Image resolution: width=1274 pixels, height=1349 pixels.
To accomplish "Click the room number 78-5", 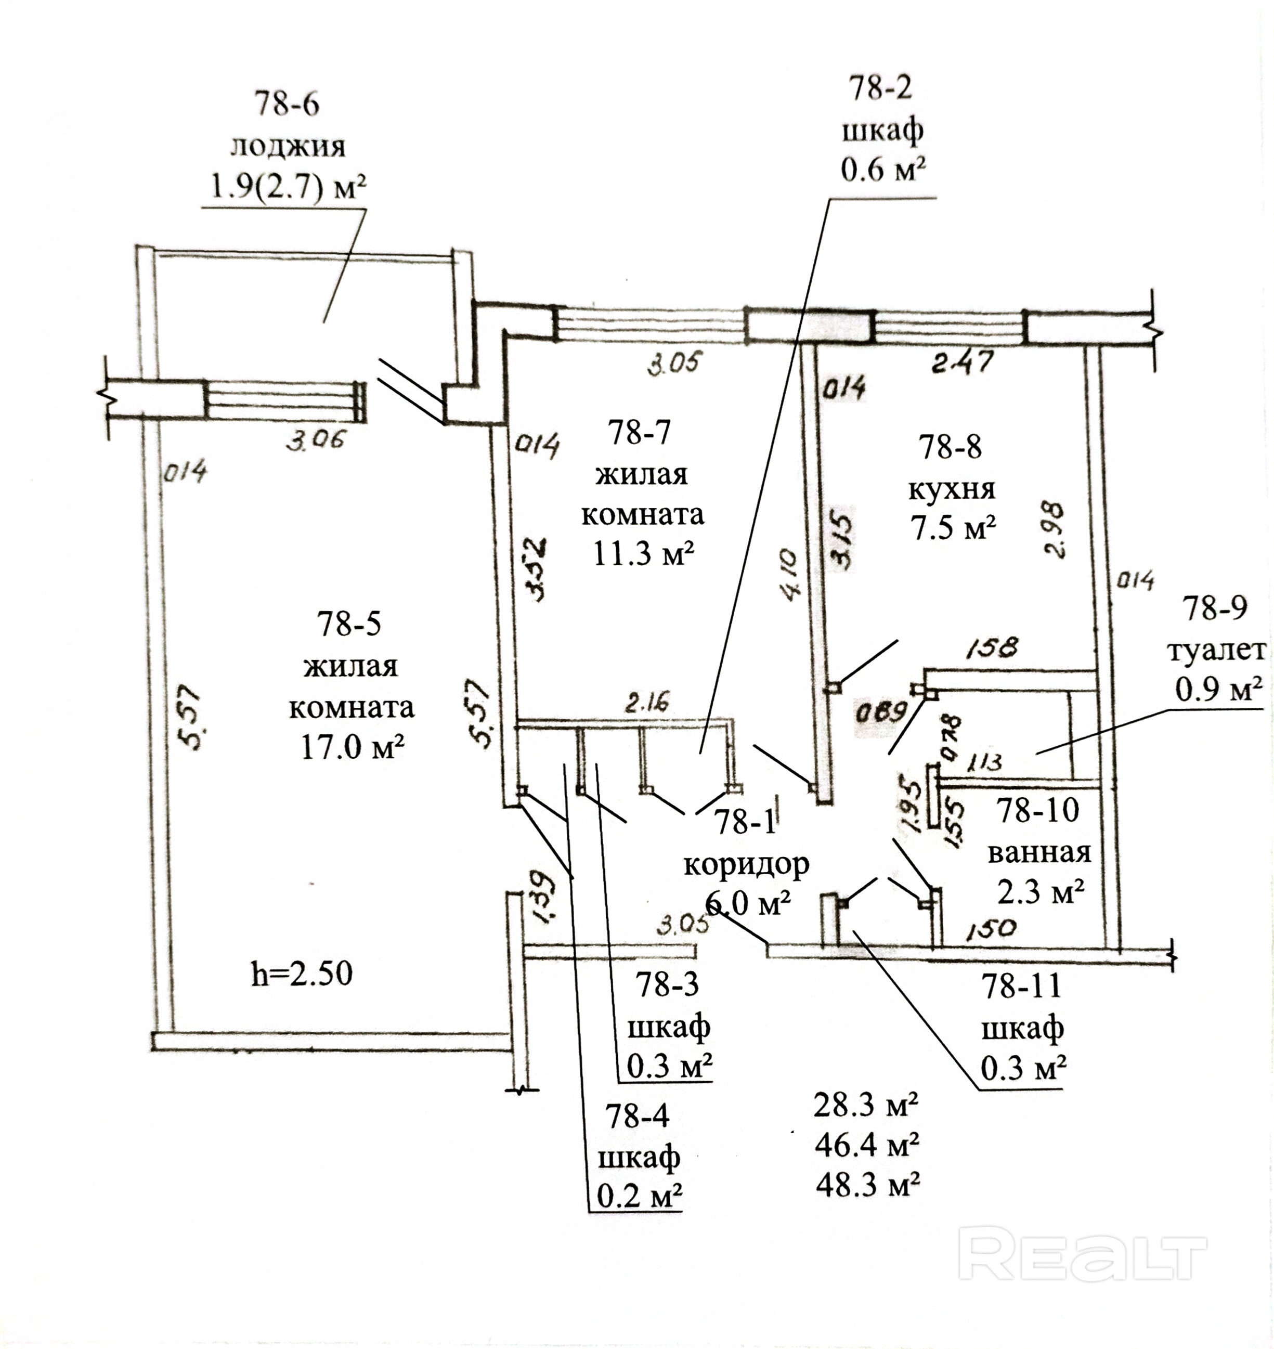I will [350, 624].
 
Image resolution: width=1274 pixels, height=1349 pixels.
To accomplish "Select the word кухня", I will [952, 489].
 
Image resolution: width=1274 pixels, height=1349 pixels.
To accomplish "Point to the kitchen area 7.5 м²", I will [953, 528].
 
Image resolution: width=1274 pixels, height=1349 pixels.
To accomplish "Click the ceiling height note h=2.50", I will [302, 974].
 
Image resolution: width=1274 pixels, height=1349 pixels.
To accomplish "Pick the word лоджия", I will [288, 147].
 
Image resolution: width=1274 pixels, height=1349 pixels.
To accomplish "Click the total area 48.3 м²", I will [867, 1185].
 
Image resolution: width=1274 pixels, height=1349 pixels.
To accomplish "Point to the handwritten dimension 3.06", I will [315, 441].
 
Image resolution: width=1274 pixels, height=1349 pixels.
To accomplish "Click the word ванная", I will [1039, 852].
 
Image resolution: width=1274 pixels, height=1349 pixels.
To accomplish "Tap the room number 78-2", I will [881, 88].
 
